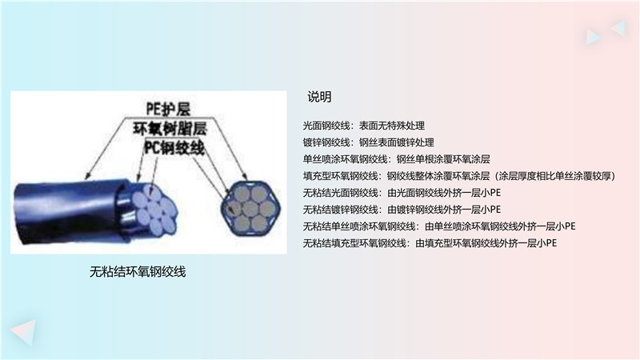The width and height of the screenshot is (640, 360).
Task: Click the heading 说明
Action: pos(319,97)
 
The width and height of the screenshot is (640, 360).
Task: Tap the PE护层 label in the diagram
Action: pos(168,109)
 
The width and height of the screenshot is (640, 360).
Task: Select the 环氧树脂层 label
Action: pos(170,129)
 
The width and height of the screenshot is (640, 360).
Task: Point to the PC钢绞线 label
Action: pos(174,147)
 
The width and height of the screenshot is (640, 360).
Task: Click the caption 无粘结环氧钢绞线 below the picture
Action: pos(138,271)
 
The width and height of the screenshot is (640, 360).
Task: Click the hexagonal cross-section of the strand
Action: pos(250,208)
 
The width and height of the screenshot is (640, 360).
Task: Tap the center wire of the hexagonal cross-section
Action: pos(250,209)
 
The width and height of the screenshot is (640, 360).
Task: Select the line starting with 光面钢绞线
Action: pos(364,126)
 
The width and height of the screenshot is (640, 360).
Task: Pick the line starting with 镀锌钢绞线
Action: pos(368,142)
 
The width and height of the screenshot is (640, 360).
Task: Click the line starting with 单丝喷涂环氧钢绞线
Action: pos(396,159)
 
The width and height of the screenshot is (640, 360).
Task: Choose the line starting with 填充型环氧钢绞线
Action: pos(459,176)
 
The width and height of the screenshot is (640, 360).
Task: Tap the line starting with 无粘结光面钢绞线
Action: pos(402,193)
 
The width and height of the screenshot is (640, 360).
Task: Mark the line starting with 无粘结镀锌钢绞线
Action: pos(402,210)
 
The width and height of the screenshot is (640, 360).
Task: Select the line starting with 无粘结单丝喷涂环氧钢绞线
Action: pos(439,226)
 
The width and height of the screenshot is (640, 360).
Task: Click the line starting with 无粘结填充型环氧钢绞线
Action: pos(430,243)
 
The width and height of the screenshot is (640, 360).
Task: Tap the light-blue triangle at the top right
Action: pos(592,36)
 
